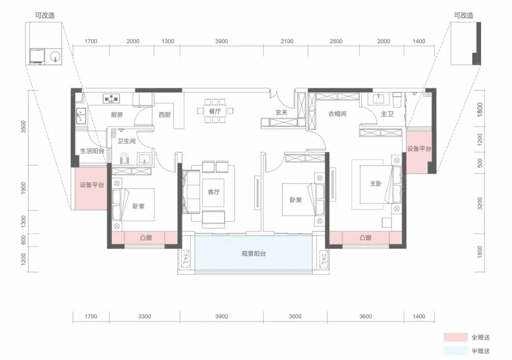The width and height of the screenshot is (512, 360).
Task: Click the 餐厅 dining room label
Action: pos(215,111)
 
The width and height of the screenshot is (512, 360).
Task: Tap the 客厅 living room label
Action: pos(213,192)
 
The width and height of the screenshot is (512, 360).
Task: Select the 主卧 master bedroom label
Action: pos(376,184)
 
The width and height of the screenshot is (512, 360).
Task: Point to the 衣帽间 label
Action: pos(337,114)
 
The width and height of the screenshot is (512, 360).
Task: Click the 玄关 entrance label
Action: pos(281,112)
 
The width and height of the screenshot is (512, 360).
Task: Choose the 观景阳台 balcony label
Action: pos(253,254)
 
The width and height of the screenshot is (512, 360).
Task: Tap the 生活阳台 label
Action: pos(92,151)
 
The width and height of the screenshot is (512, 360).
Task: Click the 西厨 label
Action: pos(164,115)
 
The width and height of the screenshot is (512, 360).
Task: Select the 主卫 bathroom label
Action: pos(387,114)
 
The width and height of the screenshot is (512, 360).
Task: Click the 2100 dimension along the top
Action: pos(287,41)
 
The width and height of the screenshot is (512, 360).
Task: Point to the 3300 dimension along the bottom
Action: pos(144,316)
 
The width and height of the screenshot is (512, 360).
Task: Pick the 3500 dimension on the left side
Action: pos(23,126)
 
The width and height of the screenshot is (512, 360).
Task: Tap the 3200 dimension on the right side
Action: pos(480,203)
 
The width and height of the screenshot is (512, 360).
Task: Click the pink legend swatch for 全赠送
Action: pos(455,337)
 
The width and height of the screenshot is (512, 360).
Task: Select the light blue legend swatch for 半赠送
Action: pos(455,351)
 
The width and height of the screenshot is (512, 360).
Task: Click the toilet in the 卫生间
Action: pos(125,159)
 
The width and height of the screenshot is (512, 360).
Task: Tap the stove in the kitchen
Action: pos(112,98)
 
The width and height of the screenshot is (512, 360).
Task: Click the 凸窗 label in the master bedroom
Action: pos(366,238)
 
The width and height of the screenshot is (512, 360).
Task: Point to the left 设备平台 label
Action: pos(92,185)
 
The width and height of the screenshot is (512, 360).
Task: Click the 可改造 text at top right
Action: pos(464,15)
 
